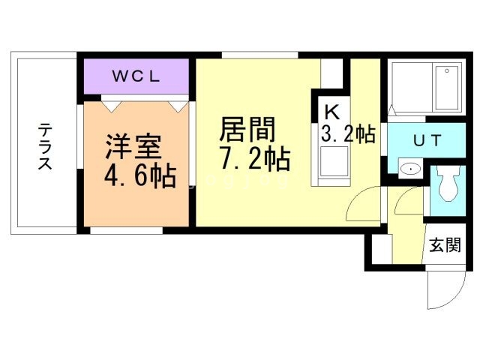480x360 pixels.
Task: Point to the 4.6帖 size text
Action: pyautogui.click(x=139, y=175)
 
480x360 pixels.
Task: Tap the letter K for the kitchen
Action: pyautogui.click(x=331, y=111)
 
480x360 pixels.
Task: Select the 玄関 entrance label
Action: pyautogui.click(x=444, y=245)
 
